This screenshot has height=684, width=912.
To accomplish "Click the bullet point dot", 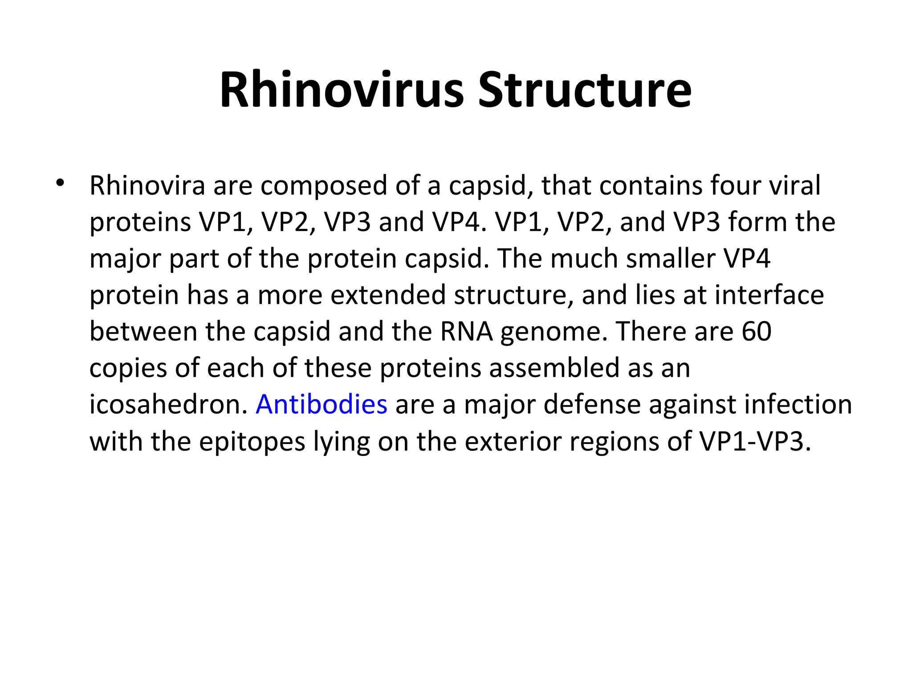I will tap(60, 183).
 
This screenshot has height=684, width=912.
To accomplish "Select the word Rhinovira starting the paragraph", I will tap(147, 186).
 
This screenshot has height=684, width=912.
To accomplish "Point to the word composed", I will tap(324, 187).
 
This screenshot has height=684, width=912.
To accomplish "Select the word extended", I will tap(388, 295).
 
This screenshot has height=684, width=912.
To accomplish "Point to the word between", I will tap(143, 332).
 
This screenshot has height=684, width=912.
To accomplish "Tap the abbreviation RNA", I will tap(466, 332).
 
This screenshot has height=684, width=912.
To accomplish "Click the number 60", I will tap(757, 332).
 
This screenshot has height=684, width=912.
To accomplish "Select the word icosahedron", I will tap(168, 405).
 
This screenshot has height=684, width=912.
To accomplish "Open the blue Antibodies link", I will tap(322, 405).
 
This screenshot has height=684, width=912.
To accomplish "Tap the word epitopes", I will tap(252, 442).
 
